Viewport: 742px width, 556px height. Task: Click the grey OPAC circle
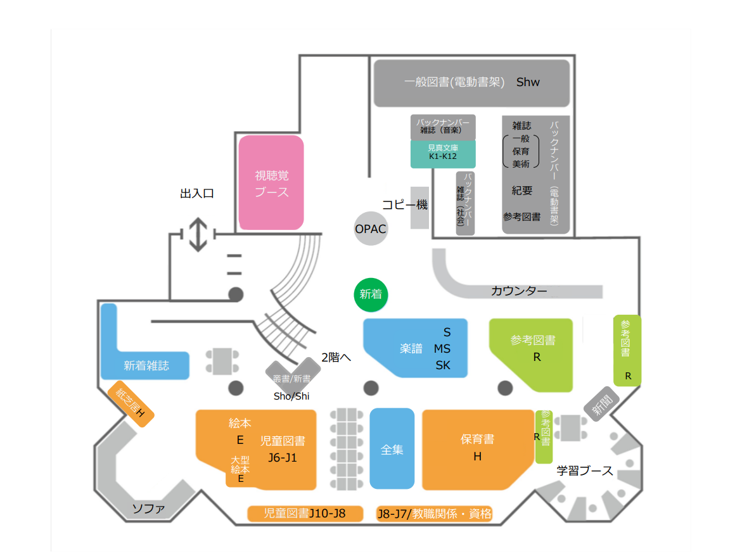click(x=371, y=229)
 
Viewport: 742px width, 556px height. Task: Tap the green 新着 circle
click(x=371, y=294)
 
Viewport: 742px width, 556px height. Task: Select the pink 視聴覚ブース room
click(x=271, y=182)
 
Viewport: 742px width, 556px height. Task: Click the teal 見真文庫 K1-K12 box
click(x=443, y=154)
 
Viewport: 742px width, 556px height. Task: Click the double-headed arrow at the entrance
click(x=199, y=234)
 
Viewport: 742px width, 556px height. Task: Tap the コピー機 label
click(x=404, y=205)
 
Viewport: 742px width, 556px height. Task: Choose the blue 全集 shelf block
click(x=392, y=449)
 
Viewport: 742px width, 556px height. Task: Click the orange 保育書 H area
click(x=477, y=448)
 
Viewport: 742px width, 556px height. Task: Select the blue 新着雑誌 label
click(x=146, y=365)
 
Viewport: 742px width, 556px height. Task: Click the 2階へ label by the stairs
click(x=336, y=357)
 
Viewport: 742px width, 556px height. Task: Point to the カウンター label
click(x=519, y=291)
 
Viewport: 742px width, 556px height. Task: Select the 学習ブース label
click(x=585, y=471)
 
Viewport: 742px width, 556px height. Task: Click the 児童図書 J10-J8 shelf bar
click(x=305, y=514)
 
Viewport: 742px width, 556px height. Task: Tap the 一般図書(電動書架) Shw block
click(x=472, y=82)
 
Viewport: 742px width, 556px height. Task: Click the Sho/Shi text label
click(x=291, y=396)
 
